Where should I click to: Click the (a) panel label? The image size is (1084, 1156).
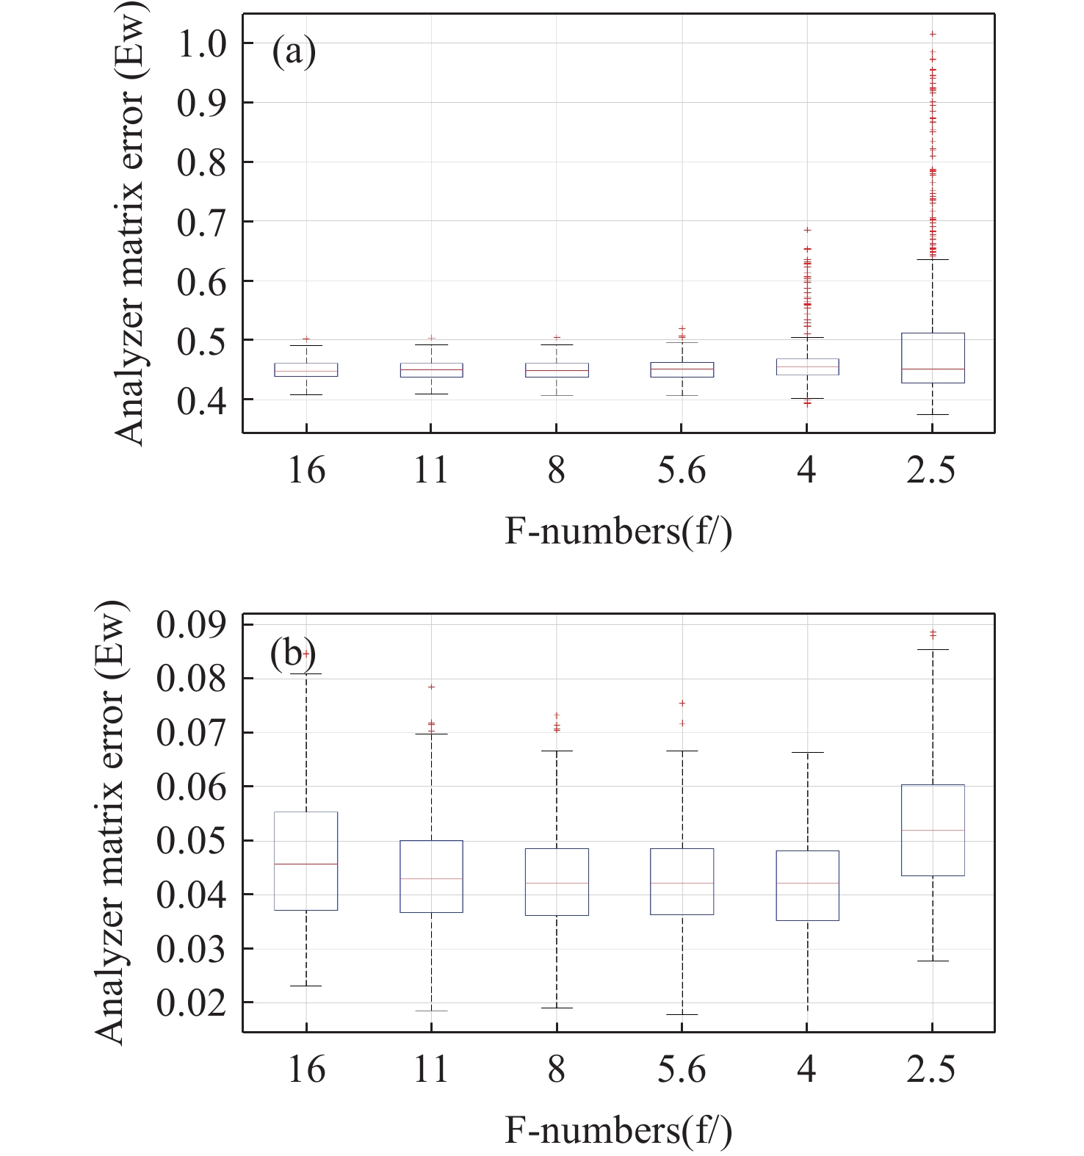point(294,52)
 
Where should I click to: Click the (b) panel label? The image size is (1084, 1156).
point(292,652)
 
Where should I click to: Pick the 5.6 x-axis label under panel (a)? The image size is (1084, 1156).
point(682,469)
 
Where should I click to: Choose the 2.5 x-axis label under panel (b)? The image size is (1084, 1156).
point(931,1069)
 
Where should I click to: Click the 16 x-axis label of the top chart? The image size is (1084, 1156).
point(306,469)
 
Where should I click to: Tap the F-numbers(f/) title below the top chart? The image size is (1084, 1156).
point(618,530)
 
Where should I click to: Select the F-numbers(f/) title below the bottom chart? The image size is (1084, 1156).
point(618,1130)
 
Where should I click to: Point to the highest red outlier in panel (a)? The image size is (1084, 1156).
point(933,34)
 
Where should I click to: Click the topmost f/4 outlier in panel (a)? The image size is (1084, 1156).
point(808,230)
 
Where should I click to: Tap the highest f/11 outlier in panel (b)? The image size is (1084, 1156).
point(432,687)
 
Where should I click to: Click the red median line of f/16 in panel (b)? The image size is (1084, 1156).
point(306,864)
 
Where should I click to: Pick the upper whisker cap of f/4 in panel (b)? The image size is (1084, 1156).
point(808,752)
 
